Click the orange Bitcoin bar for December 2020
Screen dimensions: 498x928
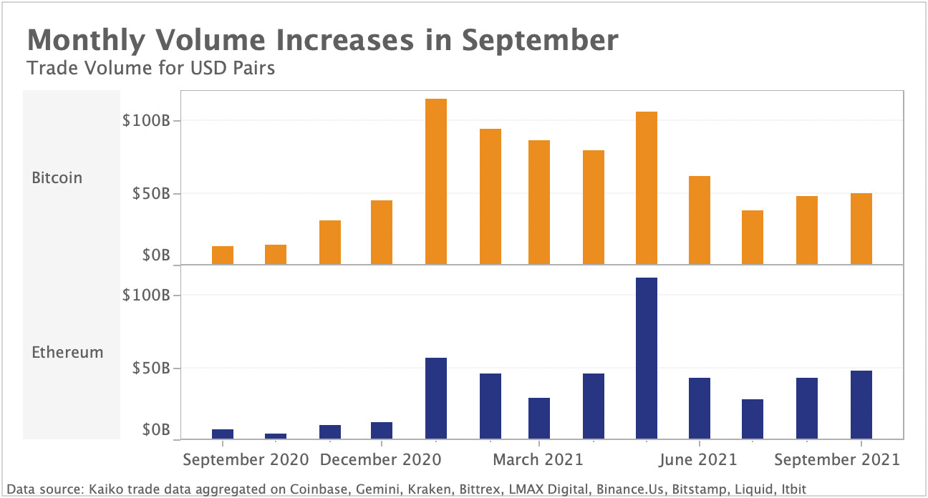pos(382,233)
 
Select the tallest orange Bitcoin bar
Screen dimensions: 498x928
pos(435,182)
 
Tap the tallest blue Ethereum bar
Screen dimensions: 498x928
pos(647,358)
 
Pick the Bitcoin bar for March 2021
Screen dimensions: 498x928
pos(539,202)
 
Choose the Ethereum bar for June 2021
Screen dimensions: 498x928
pos(700,408)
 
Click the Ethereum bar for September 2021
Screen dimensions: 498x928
pos(861,404)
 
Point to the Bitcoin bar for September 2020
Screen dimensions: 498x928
pos(223,255)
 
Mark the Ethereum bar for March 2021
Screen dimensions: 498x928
pos(539,418)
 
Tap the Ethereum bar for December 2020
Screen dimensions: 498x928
pos(382,430)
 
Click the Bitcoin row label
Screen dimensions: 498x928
pos(57,177)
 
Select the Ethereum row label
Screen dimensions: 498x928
pos(67,352)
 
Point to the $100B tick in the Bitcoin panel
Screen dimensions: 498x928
pos(146,120)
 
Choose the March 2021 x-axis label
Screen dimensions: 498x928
pos(538,459)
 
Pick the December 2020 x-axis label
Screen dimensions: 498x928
pos(380,459)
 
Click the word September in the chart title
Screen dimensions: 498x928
pos(540,41)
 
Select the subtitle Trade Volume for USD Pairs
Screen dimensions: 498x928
pos(150,69)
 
